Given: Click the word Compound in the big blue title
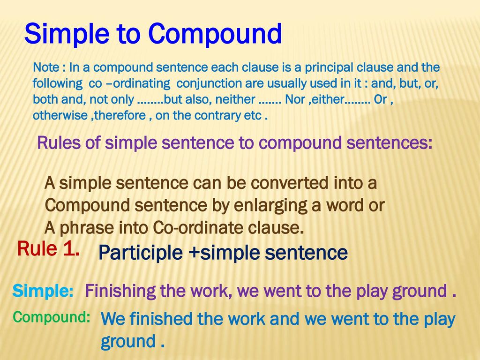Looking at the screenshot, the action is point(215,34).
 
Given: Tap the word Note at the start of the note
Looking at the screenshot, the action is point(46,67).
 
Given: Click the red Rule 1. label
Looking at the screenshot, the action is point(48,248).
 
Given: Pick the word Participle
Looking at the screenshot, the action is point(141,253).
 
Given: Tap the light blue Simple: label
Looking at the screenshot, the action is point(43,291).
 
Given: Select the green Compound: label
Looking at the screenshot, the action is point(52,317).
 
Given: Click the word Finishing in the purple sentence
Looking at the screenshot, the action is point(120,291).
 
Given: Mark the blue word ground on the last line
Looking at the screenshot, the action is point(128,342).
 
